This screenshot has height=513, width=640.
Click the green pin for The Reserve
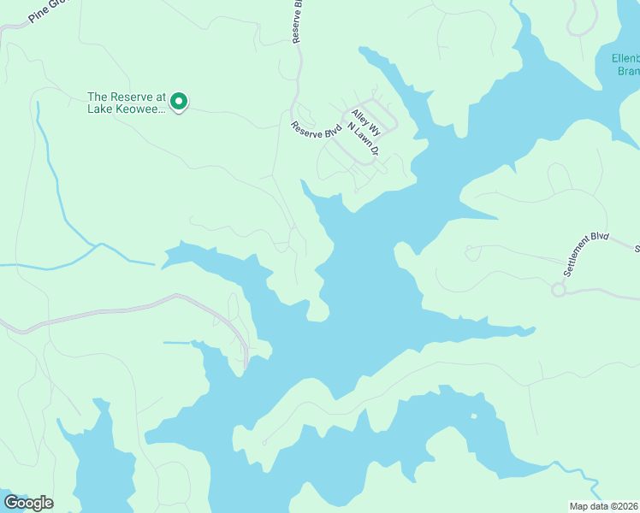tap(179, 102)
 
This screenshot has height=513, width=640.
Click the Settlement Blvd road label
tap(586, 253)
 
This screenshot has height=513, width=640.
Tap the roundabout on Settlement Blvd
tap(559, 291)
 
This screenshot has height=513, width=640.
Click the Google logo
tap(28, 503)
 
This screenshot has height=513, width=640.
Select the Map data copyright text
tap(604, 506)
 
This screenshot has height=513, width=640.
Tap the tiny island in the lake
tap(473, 417)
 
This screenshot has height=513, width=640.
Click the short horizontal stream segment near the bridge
tap(176, 343)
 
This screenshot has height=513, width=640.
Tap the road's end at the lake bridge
tap(246, 368)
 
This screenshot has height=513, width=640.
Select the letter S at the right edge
tap(637, 250)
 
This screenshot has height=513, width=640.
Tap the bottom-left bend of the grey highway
tap(7, 326)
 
